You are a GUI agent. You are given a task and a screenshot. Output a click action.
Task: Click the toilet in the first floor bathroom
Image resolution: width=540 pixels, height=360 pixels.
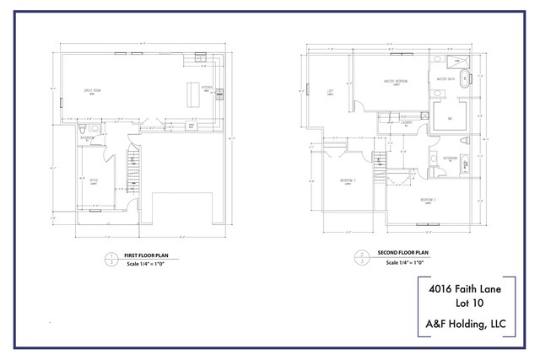click(82, 129)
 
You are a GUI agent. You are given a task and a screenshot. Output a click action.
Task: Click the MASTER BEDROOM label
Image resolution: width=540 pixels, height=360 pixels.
click(397, 82)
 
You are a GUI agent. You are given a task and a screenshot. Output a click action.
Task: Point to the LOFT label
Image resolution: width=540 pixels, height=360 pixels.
click(331, 92)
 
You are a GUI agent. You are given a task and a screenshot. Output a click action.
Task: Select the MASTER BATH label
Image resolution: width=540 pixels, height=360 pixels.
click(445, 80)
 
